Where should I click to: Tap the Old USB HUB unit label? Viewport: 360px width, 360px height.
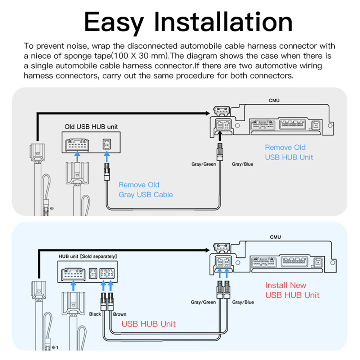point(91,127)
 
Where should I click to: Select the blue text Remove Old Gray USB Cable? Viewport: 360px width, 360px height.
point(146,190)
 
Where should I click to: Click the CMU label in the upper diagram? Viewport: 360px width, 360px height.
point(274,100)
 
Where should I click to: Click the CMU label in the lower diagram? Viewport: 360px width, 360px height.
point(275,237)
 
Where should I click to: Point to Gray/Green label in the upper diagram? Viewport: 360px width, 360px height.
point(203,164)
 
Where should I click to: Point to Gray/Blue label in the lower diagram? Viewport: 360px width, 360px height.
point(243,302)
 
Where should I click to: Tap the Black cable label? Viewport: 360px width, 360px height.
point(95,314)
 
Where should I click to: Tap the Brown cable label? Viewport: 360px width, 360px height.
point(120,314)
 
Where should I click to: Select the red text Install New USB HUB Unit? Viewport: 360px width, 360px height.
point(292,290)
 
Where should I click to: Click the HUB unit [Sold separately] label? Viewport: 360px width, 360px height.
point(87,256)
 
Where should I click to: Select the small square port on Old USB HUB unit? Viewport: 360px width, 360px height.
point(107,144)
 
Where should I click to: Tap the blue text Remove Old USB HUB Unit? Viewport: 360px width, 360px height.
point(289,152)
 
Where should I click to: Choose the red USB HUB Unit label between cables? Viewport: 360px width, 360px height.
point(149,324)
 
